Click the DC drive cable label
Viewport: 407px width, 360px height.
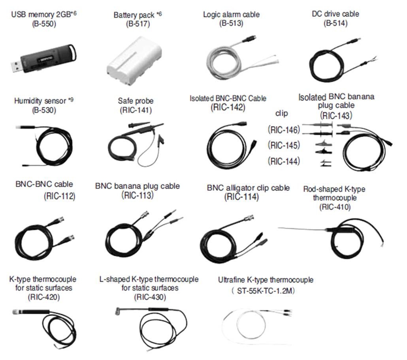(335, 14)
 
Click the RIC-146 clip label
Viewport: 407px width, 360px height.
(284, 129)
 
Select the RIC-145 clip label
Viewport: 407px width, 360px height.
(284, 145)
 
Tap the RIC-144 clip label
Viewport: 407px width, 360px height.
(284, 161)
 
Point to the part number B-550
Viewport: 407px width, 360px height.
(44, 23)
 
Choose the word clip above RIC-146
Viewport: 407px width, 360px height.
(281, 114)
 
